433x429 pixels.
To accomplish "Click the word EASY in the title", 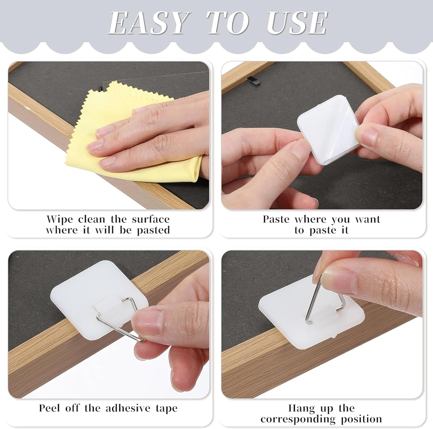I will (x=148, y=23).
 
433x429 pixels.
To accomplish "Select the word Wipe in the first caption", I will (x=60, y=219).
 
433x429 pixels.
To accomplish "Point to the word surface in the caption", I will (x=151, y=219).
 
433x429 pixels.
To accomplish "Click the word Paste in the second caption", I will (x=276, y=219).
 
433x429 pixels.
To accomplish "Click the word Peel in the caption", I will (x=50, y=408).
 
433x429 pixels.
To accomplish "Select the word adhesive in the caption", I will (x=128, y=408).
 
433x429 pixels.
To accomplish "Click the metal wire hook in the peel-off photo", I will (x=115, y=323).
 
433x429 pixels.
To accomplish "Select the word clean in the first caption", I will (x=92, y=219).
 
